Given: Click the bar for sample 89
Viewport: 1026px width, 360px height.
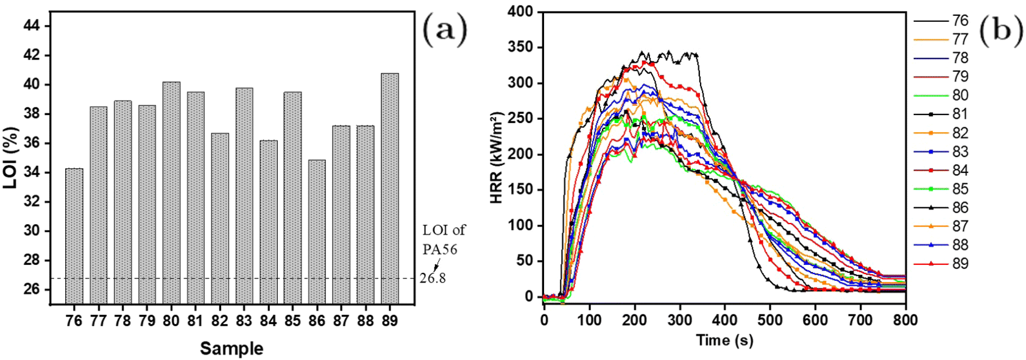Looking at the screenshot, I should pyautogui.click(x=390, y=188).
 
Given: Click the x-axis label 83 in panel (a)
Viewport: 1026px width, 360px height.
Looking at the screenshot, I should pyautogui.click(x=244, y=320).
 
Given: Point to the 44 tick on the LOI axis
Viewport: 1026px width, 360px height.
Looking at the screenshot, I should pyautogui.click(x=30, y=26).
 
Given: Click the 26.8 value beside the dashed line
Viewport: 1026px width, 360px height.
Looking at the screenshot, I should pyautogui.click(x=433, y=278).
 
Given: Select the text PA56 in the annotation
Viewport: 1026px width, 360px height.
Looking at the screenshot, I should pyautogui.click(x=440, y=249).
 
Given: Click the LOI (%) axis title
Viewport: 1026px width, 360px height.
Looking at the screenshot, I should pyautogui.click(x=10, y=157).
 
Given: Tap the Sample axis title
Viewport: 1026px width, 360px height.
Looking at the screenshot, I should pyautogui.click(x=232, y=348).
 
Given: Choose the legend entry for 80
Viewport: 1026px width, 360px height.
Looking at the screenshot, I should pyautogui.click(x=941, y=96).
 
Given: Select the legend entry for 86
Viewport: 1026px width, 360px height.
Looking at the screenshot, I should pyautogui.click(x=941, y=208).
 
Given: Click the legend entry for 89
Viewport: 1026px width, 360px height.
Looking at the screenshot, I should pyautogui.click(x=941, y=264).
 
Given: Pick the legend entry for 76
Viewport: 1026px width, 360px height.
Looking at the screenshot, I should pyautogui.click(x=941, y=21).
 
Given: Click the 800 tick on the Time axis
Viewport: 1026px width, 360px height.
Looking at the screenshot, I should pyautogui.click(x=905, y=320).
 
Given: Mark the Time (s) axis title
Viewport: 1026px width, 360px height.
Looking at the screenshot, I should pyautogui.click(x=724, y=341).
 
